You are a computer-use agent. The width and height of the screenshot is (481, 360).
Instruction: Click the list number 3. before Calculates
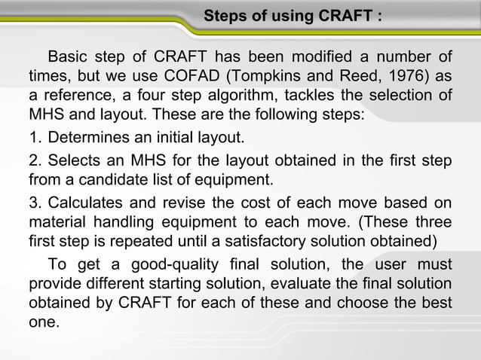tap(35, 203)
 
